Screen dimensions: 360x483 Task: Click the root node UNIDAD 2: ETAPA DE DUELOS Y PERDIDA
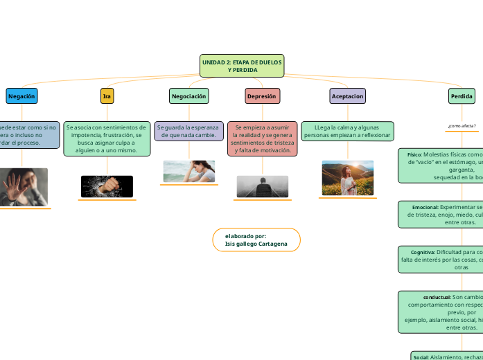coord(242,66)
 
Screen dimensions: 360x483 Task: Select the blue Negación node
coord(21,96)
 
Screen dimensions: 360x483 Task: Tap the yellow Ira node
coord(107,96)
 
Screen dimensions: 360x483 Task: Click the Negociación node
coord(189,96)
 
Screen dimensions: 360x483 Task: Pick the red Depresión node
coord(262,96)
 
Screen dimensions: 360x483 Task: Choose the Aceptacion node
coord(347,96)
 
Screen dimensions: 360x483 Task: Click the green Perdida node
coord(462,96)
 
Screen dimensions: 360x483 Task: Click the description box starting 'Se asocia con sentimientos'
coord(107,138)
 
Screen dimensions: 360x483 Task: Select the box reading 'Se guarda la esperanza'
coord(189,131)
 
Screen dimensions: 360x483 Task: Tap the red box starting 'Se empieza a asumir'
coord(262,138)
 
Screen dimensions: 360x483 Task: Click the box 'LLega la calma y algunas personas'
coord(347,131)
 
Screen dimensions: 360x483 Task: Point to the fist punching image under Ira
coord(107,186)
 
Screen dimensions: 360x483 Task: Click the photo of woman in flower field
coord(347,178)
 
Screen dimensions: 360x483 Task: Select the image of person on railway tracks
coord(262,186)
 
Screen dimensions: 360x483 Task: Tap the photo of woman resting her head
coord(189,171)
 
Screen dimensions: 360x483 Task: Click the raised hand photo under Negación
coord(23,186)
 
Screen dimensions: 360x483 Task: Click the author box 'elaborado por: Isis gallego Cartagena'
coord(256,240)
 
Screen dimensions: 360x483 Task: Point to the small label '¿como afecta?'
coord(462,126)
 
